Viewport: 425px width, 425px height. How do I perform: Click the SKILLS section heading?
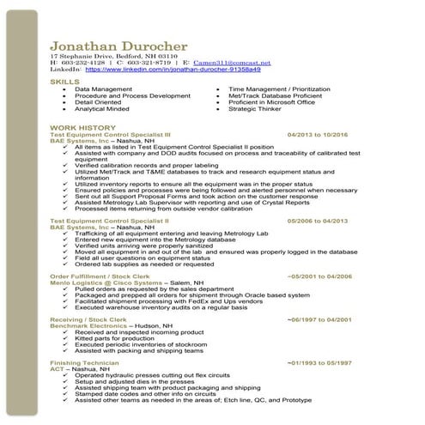click(65, 81)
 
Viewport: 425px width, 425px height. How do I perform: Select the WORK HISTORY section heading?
click(83, 127)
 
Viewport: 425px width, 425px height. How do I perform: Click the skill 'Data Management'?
click(103, 88)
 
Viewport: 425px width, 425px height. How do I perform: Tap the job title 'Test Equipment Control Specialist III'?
click(111, 135)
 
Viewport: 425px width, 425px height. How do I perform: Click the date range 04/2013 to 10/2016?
click(318, 135)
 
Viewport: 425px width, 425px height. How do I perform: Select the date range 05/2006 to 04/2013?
click(318, 221)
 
